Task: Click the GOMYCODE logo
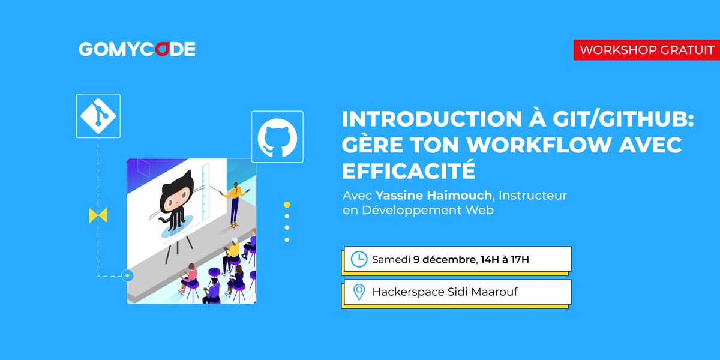[x=137, y=49]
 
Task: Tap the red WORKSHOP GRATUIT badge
[x=647, y=50]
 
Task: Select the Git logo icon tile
[x=98, y=116]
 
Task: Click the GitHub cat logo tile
[x=277, y=136]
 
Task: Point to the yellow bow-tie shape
[x=98, y=215]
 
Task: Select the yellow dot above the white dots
[x=287, y=205]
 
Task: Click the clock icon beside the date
[x=359, y=259]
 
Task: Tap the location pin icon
[x=359, y=292]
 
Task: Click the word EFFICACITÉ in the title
[x=409, y=171]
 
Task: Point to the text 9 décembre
[x=444, y=259]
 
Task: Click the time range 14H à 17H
[x=505, y=259]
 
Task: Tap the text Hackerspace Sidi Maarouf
[x=445, y=292]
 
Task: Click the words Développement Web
[x=428, y=211]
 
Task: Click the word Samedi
[x=391, y=259]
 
